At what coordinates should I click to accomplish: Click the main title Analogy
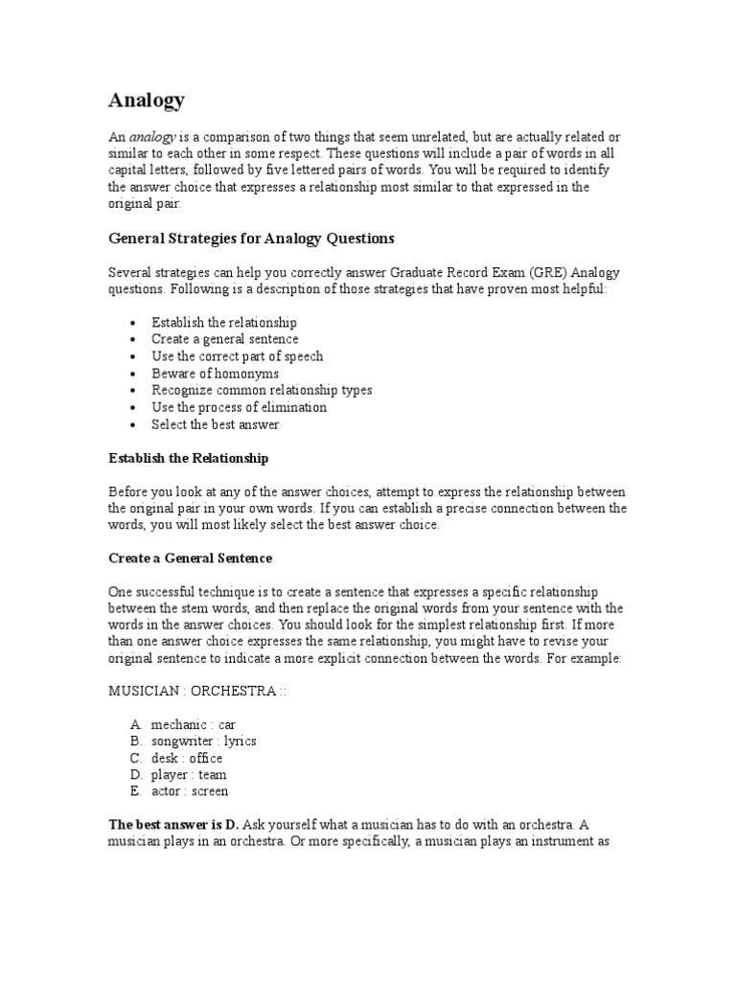tap(147, 100)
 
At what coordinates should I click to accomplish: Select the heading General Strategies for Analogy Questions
tap(250, 238)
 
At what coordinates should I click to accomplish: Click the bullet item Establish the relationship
tap(224, 323)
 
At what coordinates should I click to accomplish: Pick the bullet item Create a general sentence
tap(224, 339)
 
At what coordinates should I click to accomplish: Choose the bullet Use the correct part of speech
tap(237, 356)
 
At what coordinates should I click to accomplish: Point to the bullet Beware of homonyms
tap(215, 373)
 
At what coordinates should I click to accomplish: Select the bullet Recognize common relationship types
tap(262, 390)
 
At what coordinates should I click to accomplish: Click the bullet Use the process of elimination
tap(239, 407)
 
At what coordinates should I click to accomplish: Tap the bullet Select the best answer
tap(215, 423)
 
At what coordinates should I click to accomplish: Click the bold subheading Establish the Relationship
tap(188, 458)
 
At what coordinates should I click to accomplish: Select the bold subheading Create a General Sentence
tap(190, 558)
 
